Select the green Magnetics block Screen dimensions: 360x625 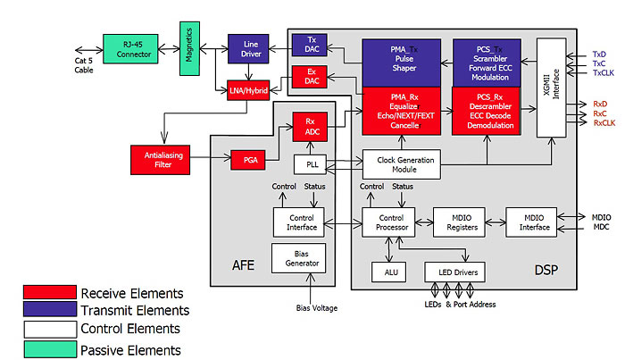point(189,49)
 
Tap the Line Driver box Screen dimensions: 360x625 point(249,49)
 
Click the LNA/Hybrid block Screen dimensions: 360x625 point(248,89)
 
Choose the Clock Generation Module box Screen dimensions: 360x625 point(402,163)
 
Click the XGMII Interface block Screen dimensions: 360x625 point(554,87)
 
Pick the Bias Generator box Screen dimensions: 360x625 point(300,256)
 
